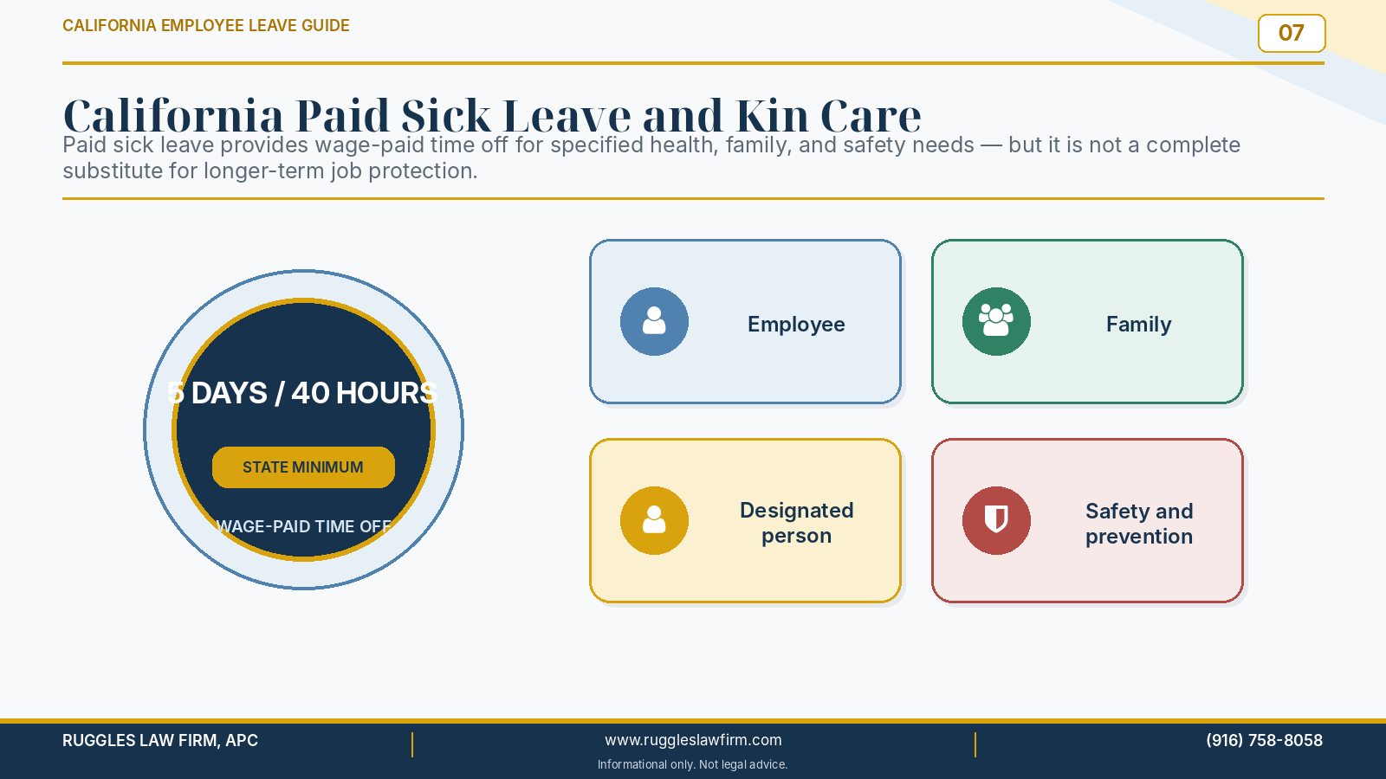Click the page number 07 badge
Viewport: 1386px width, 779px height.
1292,34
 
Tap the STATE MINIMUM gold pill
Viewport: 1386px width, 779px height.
303,467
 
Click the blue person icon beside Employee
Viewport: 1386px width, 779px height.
654,321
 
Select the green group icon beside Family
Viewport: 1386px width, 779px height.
996,321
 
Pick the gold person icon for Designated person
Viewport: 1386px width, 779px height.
654,520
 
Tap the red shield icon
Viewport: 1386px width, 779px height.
996,520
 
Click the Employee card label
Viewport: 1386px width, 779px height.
796,324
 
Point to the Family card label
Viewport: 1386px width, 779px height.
1138,324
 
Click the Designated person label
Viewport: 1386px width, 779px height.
796,523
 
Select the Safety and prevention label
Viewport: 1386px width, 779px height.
1139,524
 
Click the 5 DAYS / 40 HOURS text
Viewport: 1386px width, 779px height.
302,393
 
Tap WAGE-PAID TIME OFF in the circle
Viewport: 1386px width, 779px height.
303,527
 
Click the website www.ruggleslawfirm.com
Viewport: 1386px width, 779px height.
693,740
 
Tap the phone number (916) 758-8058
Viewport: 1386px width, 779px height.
1264,740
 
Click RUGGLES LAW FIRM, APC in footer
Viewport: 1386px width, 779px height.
160,740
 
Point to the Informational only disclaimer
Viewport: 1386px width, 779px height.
692,765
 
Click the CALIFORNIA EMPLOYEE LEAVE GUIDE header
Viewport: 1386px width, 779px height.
206,25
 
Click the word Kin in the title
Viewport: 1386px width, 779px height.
772,116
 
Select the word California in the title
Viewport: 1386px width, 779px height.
173,116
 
